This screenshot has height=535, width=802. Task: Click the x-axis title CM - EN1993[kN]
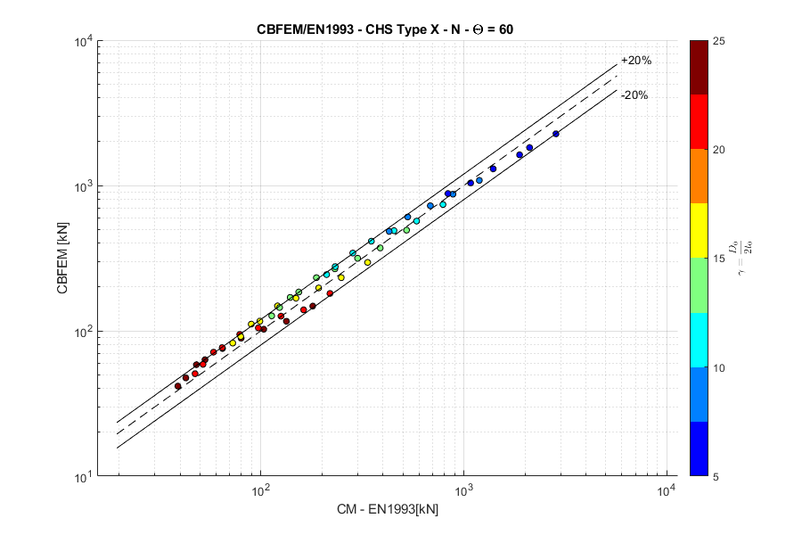[387, 510]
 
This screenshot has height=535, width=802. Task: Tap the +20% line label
[636, 61]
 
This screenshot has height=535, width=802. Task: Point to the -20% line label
[634, 95]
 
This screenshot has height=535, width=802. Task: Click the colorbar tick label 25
[719, 41]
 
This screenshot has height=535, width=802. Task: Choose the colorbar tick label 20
[719, 150]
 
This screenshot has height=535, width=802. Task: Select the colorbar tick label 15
[719, 259]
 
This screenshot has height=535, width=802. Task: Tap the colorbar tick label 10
[719, 367]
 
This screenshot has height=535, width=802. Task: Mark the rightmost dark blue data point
[555, 134]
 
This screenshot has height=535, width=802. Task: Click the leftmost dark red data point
[177, 386]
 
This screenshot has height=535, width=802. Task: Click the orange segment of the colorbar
[700, 176]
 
